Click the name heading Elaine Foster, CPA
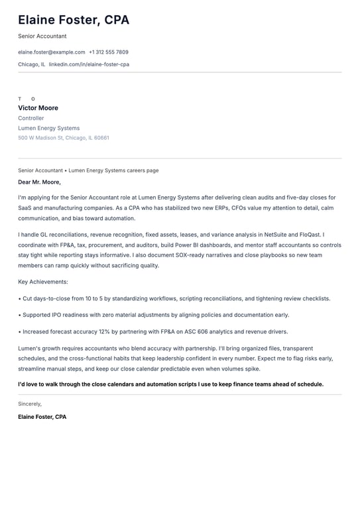74,20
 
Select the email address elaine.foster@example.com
52,52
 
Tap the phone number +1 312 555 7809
109,52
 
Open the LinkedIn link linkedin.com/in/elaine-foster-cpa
89,64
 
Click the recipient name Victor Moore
38,108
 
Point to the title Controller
31,118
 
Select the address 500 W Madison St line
64,138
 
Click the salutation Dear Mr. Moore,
39,182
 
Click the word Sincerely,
30,404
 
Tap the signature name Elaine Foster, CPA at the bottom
42,417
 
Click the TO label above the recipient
27,99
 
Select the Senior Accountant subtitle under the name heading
42,36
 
